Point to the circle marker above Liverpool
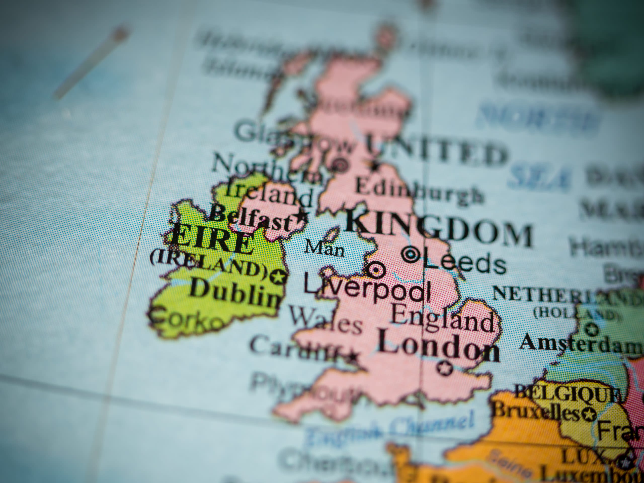click(375, 270)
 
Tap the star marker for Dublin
click(278, 276)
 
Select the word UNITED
click(437, 152)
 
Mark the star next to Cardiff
click(353, 356)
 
